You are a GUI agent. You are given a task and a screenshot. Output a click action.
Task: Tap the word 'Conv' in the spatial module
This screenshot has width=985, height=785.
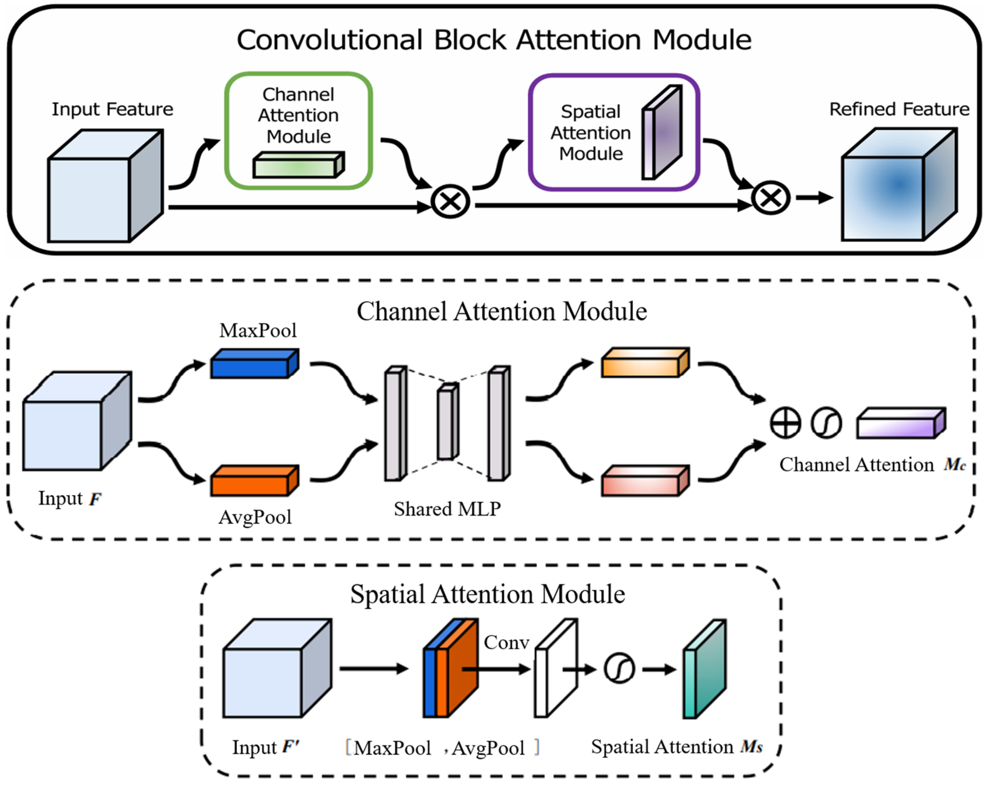506,642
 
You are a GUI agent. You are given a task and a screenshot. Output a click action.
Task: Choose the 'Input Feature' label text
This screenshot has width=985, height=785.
112,109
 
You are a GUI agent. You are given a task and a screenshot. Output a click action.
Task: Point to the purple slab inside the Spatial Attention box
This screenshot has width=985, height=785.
662,132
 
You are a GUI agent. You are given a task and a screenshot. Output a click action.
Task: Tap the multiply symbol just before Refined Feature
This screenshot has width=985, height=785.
771,198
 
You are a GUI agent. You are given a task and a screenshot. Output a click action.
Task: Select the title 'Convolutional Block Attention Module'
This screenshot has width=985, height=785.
493,40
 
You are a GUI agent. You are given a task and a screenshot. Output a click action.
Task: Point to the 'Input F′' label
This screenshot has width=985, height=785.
265,747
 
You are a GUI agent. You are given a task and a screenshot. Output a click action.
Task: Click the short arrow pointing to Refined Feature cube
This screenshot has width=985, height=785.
814,198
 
